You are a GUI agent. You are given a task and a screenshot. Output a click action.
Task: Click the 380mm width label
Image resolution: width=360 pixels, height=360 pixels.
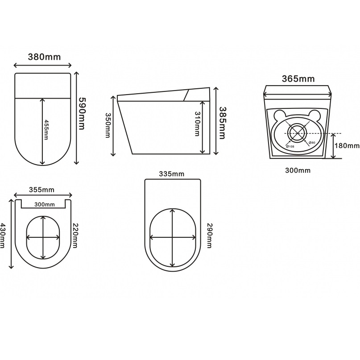[x=44, y=57]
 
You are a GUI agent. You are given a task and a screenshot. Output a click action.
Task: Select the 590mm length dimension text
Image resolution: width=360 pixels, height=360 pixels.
[x=81, y=113]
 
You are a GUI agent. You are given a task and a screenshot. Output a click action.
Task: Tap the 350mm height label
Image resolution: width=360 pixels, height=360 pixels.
[x=108, y=125]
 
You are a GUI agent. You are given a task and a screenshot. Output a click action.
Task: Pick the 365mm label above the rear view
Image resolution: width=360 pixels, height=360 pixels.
[x=298, y=79]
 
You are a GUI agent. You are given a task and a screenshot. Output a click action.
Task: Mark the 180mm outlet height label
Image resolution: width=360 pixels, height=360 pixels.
[x=348, y=146]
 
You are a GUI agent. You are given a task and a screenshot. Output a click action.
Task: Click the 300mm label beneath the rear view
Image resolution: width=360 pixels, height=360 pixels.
[x=298, y=170]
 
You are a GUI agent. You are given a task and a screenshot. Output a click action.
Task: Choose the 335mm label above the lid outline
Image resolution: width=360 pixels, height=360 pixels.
[x=172, y=174]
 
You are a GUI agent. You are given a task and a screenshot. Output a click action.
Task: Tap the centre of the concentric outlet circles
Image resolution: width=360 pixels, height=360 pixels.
[x=297, y=133]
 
